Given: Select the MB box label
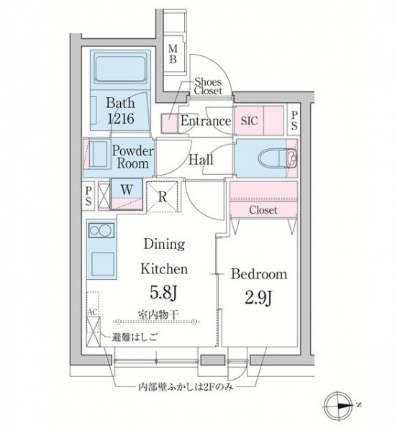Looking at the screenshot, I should (x=173, y=55).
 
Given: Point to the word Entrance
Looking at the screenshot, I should (x=205, y=122).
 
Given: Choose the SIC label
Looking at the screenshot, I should (x=249, y=121).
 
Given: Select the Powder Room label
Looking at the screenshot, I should (x=132, y=157).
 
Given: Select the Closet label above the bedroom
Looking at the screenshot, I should (x=263, y=209).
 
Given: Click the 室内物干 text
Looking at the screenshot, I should (x=159, y=313).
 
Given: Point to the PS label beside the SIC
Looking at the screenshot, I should (x=295, y=120).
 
